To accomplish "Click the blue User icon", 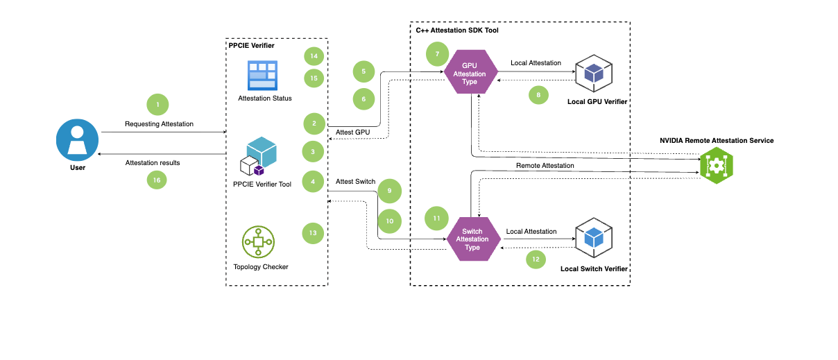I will point(78,139).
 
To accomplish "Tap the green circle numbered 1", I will point(158,105).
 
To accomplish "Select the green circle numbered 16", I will point(157,180).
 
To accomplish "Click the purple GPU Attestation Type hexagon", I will point(470,72).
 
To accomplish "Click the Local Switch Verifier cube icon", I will point(592,238).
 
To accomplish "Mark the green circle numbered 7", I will point(438,53).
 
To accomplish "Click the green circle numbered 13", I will point(314,233).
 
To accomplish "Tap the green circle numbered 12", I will point(535,259).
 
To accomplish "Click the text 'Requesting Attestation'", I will point(159,124).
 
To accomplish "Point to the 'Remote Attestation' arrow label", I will point(545,166).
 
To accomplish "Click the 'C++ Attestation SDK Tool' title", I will point(452,31).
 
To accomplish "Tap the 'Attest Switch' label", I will point(355,182).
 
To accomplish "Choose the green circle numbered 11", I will point(437,218).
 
